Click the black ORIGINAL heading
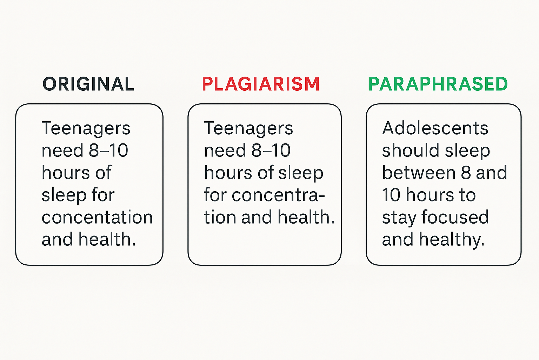[x=88, y=84]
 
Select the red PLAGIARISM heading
[x=261, y=84]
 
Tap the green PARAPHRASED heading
[x=438, y=84]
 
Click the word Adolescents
[x=435, y=128]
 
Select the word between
[x=419, y=173]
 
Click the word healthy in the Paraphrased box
[x=451, y=240]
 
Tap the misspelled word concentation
[x=97, y=217]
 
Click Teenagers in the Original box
[x=86, y=129]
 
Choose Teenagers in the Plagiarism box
[x=248, y=129]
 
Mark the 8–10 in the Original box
[x=108, y=150]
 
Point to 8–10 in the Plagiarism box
[x=271, y=150]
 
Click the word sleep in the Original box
[x=64, y=195]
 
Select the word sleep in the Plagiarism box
[x=301, y=173]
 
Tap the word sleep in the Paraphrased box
[x=467, y=151]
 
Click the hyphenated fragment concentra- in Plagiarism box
[x=278, y=195]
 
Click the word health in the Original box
[x=108, y=239]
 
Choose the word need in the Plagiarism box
[x=225, y=150]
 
